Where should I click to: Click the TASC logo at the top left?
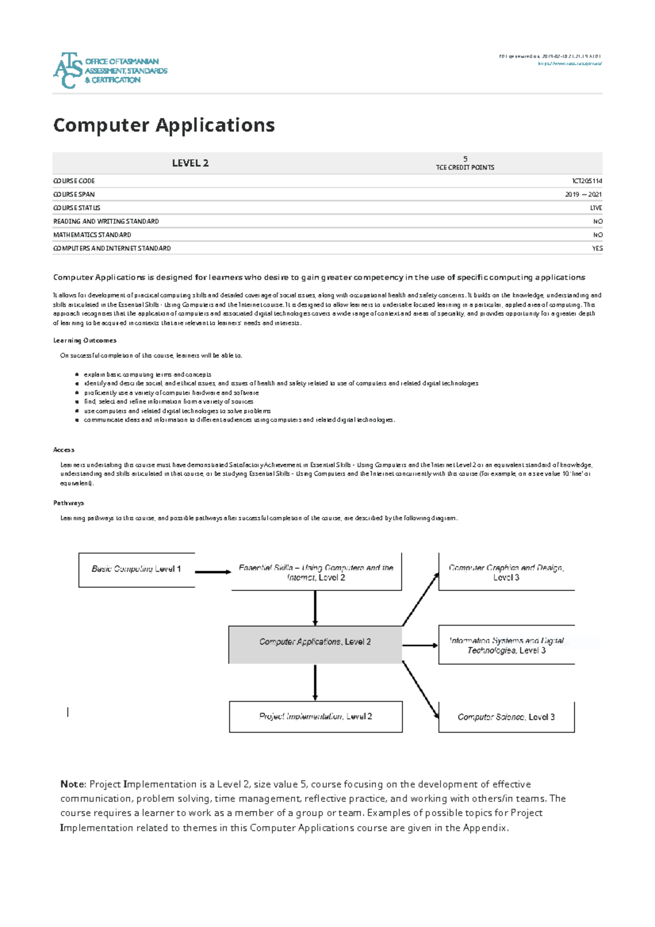(109, 70)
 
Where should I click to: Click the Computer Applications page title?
(164, 125)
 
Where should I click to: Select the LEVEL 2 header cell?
(190, 163)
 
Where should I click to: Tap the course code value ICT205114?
(587, 181)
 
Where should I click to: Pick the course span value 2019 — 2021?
(583, 194)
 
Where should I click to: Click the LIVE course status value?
(596, 208)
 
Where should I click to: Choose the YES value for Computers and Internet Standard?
(597, 248)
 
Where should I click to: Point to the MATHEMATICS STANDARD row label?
(92, 235)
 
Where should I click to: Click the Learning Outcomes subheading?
(85, 341)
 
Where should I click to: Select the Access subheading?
(63, 450)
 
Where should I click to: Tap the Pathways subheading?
(68, 503)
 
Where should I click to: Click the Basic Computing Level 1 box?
(136, 569)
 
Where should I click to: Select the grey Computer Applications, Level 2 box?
(315, 645)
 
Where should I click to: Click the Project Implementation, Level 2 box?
(315, 716)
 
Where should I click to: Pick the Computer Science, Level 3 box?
(506, 717)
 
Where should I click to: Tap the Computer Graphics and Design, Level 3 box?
(506, 572)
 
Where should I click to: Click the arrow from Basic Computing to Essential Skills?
(213, 572)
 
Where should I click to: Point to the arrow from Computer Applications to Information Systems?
(420, 645)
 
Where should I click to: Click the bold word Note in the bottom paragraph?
(73, 785)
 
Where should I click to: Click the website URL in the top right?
(569, 64)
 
